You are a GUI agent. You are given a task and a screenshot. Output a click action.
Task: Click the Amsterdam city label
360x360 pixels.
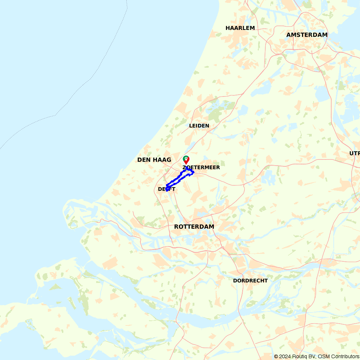(x=307, y=35)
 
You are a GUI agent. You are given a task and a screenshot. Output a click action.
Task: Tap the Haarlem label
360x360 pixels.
(x=240, y=28)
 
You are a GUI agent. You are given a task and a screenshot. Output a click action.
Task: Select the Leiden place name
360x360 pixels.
(x=199, y=126)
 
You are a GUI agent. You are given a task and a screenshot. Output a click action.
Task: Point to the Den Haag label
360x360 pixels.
(x=154, y=159)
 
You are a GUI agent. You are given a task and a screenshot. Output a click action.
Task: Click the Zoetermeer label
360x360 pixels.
(x=201, y=167)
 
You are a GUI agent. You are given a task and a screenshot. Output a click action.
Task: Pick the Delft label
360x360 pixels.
(x=167, y=189)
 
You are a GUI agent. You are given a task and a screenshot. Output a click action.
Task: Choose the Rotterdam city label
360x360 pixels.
(x=194, y=227)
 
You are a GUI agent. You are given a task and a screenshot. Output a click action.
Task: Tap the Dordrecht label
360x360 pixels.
(x=251, y=280)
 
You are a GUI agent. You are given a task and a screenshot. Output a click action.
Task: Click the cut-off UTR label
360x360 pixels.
(x=354, y=153)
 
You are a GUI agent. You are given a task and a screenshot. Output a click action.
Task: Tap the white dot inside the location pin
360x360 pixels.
(x=186, y=158)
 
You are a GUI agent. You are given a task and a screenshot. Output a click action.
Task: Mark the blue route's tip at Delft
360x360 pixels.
(x=167, y=190)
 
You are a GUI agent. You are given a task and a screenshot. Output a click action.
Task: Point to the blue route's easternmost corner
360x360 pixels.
(x=193, y=172)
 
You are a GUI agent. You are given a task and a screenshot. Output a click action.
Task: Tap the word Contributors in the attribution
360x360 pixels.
(x=340, y=356)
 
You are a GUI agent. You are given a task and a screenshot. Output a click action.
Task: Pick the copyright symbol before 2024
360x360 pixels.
(x=276, y=356)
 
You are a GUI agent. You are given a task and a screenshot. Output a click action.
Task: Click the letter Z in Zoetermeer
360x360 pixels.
(x=184, y=168)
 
